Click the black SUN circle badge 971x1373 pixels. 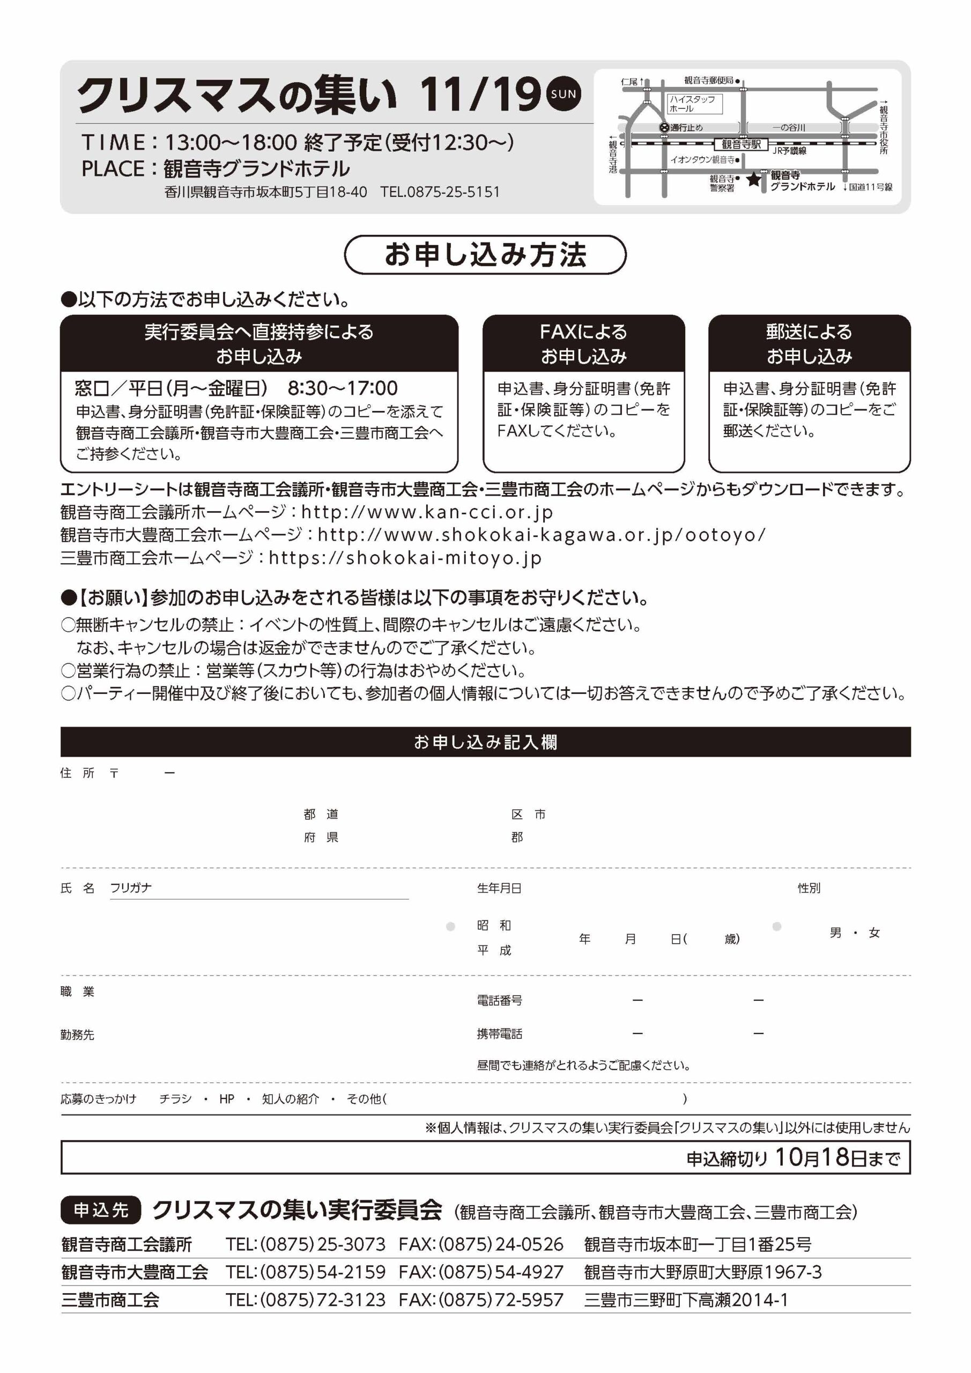(x=563, y=94)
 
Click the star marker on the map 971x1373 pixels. (x=753, y=179)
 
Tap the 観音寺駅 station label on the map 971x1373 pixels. (x=741, y=144)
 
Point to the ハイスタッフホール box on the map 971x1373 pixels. (x=694, y=104)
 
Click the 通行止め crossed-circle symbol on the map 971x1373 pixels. (x=664, y=127)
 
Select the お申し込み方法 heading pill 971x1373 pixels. (x=485, y=255)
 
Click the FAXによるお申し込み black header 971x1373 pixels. (x=583, y=344)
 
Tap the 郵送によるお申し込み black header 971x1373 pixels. (x=809, y=344)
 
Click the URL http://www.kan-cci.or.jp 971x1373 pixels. (x=427, y=513)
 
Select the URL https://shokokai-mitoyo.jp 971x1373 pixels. (x=405, y=558)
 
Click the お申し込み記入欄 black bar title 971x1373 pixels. (x=485, y=742)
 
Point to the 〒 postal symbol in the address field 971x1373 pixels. (x=114, y=773)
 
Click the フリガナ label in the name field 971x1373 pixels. (x=131, y=888)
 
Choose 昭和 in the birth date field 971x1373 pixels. (x=494, y=925)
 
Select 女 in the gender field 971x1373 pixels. (x=874, y=933)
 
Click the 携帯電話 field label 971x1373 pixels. (x=499, y=1034)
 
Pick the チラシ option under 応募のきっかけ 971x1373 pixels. (x=175, y=1098)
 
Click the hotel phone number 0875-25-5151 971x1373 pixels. (x=440, y=192)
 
